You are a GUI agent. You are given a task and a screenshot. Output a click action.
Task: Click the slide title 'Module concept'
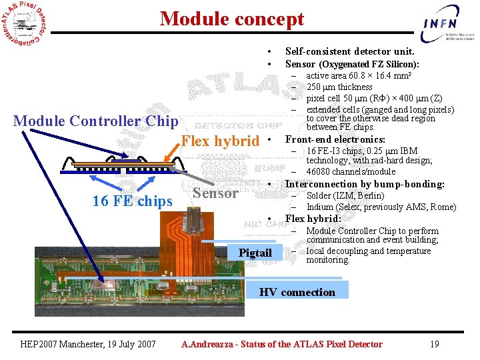[231, 19]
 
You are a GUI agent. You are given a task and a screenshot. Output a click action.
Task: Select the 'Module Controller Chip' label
[95, 121]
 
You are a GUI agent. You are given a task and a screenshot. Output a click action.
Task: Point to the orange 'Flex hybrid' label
[220, 141]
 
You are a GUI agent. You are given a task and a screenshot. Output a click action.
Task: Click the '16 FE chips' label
[132, 201]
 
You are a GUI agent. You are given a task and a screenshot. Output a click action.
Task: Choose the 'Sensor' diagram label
[215, 193]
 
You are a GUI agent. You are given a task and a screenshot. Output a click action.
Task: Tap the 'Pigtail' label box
[255, 253]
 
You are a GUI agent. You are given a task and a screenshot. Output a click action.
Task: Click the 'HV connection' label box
[297, 292]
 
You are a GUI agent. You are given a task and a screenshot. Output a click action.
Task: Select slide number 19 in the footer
[434, 344]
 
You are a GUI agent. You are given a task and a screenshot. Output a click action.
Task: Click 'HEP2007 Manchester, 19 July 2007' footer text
[89, 344]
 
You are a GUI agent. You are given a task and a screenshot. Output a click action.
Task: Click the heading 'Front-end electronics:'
[335, 139]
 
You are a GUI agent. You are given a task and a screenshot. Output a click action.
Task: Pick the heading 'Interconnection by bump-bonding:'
[364, 184]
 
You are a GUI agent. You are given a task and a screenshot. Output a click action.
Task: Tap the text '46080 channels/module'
[351, 172]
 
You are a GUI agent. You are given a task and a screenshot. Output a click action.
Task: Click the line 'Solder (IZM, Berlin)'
[345, 195]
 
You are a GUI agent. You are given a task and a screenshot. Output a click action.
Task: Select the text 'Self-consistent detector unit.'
[349, 51]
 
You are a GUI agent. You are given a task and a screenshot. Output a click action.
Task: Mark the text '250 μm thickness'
[339, 87]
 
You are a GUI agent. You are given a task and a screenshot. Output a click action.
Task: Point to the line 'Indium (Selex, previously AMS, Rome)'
[381, 207]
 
